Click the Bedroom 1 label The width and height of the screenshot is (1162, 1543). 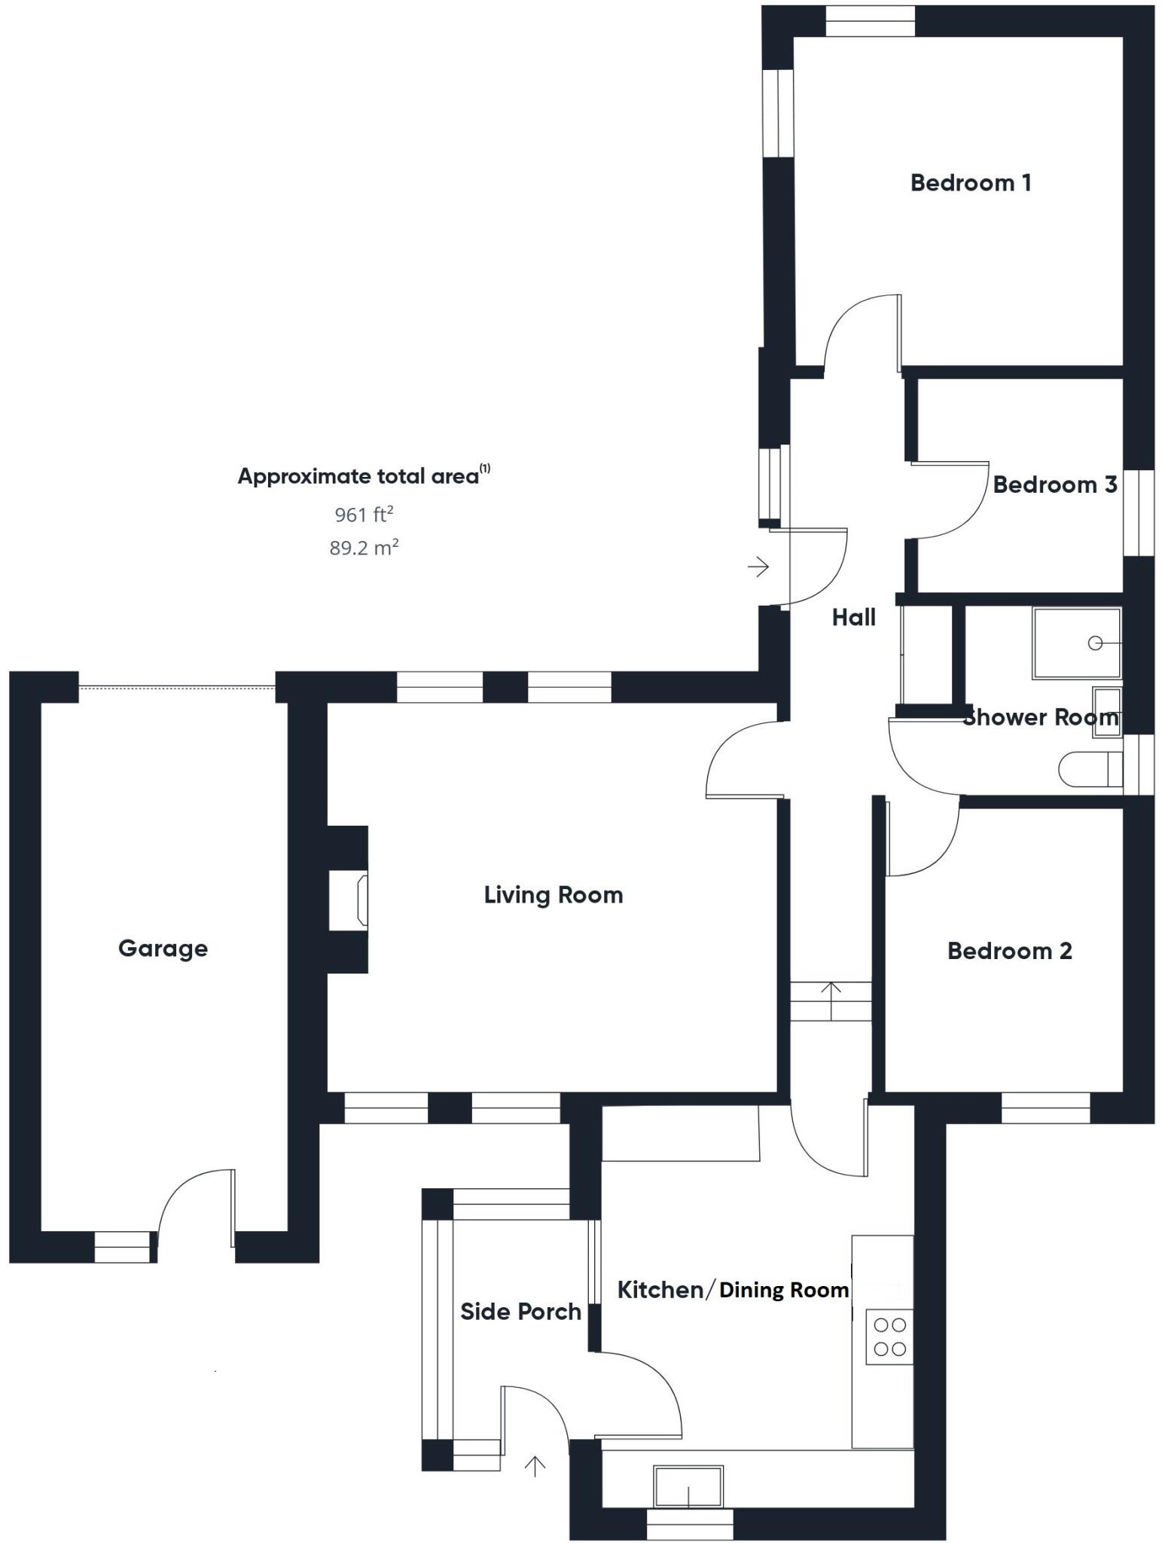pos(970,183)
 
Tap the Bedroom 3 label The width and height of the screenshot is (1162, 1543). pos(1054,484)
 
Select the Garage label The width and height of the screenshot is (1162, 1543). pos(163,948)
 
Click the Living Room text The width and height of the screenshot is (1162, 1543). pos(554,895)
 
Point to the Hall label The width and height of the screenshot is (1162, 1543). pos(853,618)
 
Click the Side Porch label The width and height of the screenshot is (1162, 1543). pos(520,1312)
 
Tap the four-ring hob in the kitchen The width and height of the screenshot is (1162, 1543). pos(889,1337)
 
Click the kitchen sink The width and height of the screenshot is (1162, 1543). pos(688,1486)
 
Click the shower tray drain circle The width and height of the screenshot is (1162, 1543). pos(1096,643)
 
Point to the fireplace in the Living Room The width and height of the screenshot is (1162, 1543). pos(358,900)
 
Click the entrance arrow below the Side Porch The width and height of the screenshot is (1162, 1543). pos(535,1465)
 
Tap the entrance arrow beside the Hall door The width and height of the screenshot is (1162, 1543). pos(758,566)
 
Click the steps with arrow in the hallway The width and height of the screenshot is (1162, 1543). pos(831,1001)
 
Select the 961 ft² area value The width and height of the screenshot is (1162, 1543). pos(364,515)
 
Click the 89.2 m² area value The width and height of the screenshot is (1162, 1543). pos(364,548)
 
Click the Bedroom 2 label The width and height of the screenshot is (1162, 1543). pos(1009,951)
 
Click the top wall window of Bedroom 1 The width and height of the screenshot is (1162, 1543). pos(870,21)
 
